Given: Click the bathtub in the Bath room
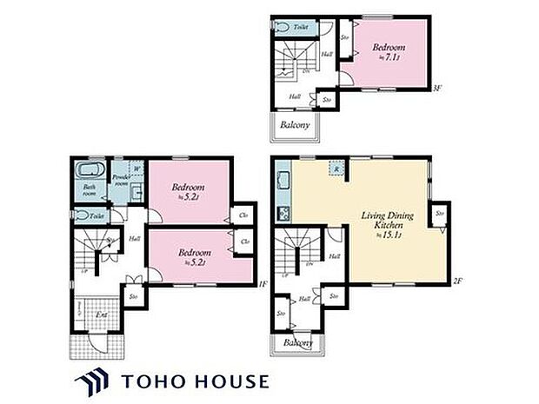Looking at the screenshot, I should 90,169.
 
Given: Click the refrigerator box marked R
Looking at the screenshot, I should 336,169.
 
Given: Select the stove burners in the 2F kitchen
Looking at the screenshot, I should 283,212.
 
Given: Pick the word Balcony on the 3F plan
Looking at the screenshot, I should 296,125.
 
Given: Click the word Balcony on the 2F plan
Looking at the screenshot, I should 296,345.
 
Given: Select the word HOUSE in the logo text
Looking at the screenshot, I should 225,381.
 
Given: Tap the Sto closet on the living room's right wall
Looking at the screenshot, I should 440,213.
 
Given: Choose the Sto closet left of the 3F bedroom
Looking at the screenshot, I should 345,37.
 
